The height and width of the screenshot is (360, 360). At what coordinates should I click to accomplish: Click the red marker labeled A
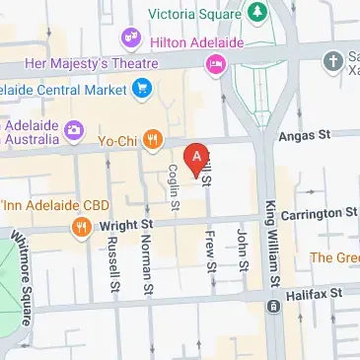(x=197, y=157)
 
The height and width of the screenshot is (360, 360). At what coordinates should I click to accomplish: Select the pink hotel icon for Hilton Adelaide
(x=214, y=64)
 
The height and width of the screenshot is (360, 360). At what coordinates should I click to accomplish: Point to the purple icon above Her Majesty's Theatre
(x=130, y=38)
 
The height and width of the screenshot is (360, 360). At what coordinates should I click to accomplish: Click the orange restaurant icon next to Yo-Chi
(x=151, y=140)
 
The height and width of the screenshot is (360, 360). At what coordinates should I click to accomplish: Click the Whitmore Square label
(x=22, y=261)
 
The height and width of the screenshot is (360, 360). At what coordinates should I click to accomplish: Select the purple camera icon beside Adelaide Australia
(x=72, y=130)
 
